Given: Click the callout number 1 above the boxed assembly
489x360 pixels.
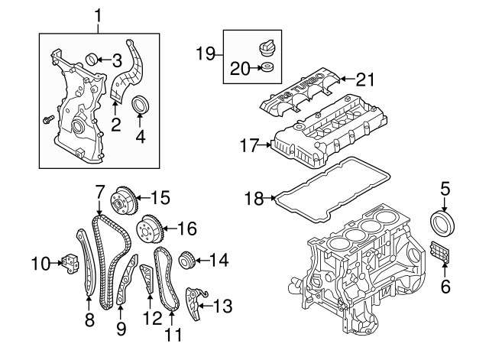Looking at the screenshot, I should [x=98, y=14].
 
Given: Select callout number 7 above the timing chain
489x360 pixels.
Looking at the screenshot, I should [x=99, y=190].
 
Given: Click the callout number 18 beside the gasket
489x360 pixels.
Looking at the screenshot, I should [x=253, y=199].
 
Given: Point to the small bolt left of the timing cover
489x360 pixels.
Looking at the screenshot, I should [x=45, y=120].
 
